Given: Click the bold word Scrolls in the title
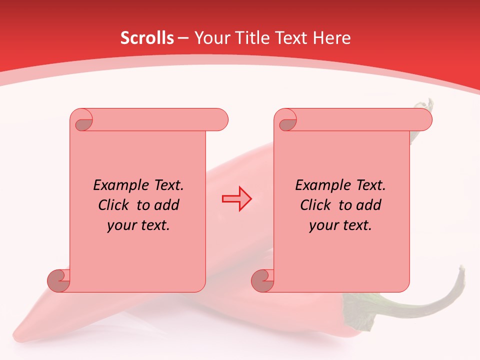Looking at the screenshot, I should [x=147, y=38].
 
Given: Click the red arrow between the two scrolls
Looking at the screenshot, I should [x=236, y=199].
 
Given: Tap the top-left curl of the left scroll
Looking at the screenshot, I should [x=83, y=122].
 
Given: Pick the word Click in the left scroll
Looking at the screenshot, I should [x=115, y=205].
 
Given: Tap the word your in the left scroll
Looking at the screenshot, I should [x=121, y=225].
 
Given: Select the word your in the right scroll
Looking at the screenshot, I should [x=323, y=225].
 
